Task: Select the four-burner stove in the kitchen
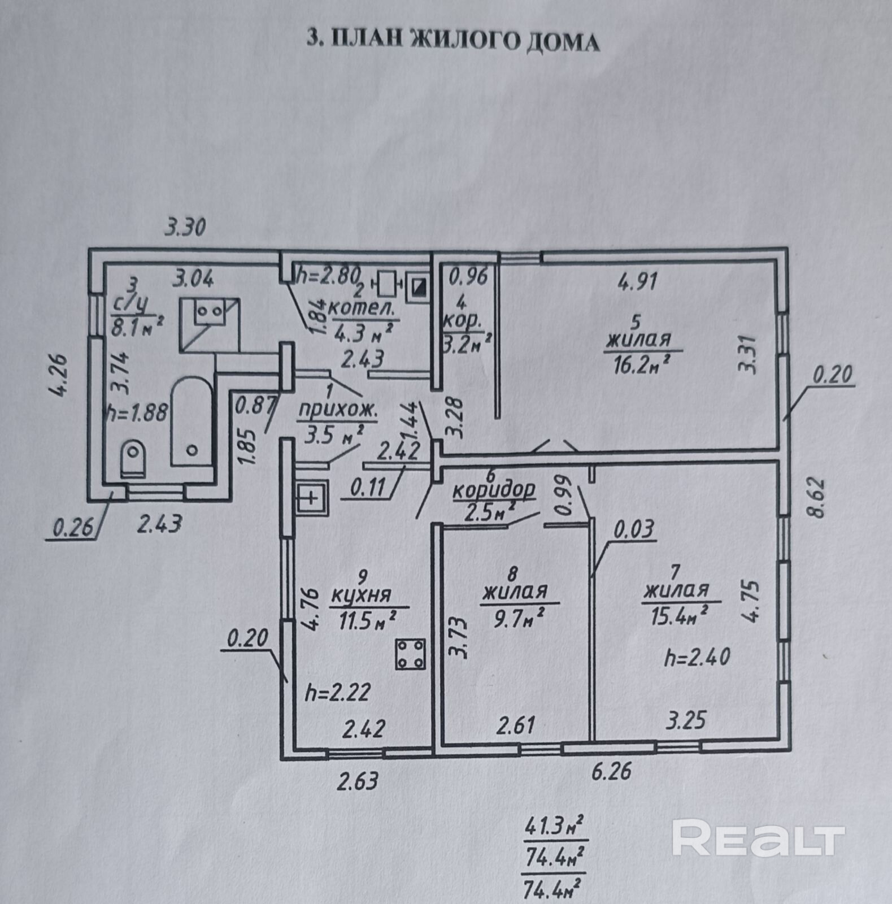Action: click(x=411, y=654)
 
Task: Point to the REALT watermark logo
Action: click(x=758, y=839)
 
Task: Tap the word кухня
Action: click(x=362, y=596)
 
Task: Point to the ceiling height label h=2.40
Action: click(x=698, y=657)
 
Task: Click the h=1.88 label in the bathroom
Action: click(x=138, y=413)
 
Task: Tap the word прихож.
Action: click(x=337, y=411)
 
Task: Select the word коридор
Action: click(x=494, y=490)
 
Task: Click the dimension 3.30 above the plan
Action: click(x=185, y=228)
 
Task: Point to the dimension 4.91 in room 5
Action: click(x=637, y=281)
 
